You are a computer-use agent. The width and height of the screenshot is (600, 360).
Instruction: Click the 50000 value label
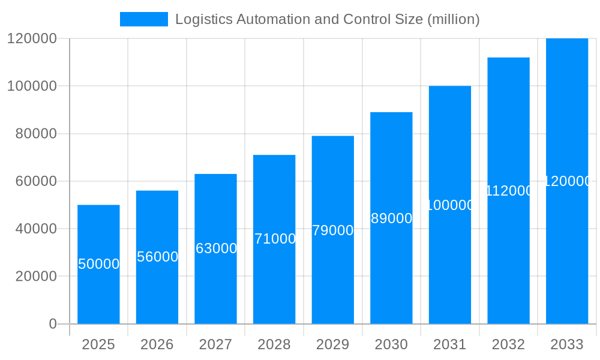tap(99, 264)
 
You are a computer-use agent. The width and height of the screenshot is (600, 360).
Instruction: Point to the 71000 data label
tap(275, 239)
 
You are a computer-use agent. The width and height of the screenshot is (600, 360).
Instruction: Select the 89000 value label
tap(392, 218)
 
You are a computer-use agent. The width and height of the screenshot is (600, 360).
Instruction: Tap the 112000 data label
tap(509, 191)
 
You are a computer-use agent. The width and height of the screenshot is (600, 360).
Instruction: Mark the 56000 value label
tap(157, 257)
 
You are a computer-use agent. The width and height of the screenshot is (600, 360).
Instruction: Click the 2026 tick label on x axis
tap(157, 344)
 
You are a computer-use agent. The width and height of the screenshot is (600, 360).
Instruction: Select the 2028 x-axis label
tap(274, 344)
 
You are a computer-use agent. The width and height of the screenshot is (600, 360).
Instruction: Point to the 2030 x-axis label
tap(391, 344)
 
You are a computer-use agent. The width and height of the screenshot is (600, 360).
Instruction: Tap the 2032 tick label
tap(508, 344)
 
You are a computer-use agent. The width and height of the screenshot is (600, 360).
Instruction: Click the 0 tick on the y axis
tap(52, 324)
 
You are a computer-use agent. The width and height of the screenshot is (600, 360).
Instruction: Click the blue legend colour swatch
tap(144, 19)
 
